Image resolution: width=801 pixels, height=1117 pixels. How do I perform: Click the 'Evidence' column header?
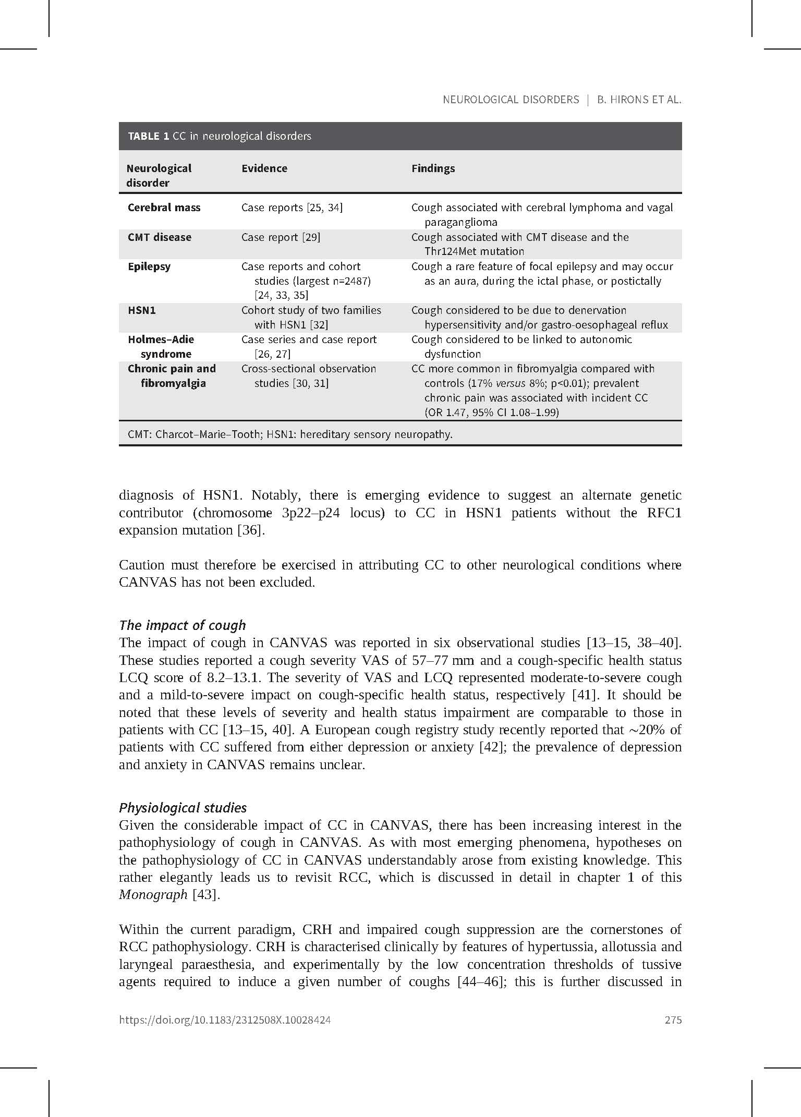coord(264,168)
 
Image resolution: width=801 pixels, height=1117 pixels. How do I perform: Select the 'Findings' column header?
coord(433,168)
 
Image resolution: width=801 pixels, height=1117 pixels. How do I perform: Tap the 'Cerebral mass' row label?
coord(164,208)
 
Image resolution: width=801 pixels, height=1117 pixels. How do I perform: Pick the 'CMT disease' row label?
coord(159,237)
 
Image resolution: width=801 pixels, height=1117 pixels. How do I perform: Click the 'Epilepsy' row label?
coord(149,266)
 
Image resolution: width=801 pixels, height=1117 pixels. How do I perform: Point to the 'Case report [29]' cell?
coord(281,237)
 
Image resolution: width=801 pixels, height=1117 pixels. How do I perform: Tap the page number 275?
coord(673,1020)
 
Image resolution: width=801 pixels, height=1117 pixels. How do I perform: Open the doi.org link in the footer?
coord(225,1020)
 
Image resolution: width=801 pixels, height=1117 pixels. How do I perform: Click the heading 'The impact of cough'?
coord(182,625)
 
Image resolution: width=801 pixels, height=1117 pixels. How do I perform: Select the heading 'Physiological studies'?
coord(183,808)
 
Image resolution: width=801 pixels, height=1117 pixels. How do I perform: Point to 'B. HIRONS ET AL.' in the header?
coord(639,100)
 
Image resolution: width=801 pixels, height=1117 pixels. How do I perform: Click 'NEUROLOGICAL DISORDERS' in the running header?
coord(511,100)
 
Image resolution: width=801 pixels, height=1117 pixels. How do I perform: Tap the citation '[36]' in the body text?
coord(251,530)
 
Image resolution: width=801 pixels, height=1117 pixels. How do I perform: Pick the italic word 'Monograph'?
coord(153,895)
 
